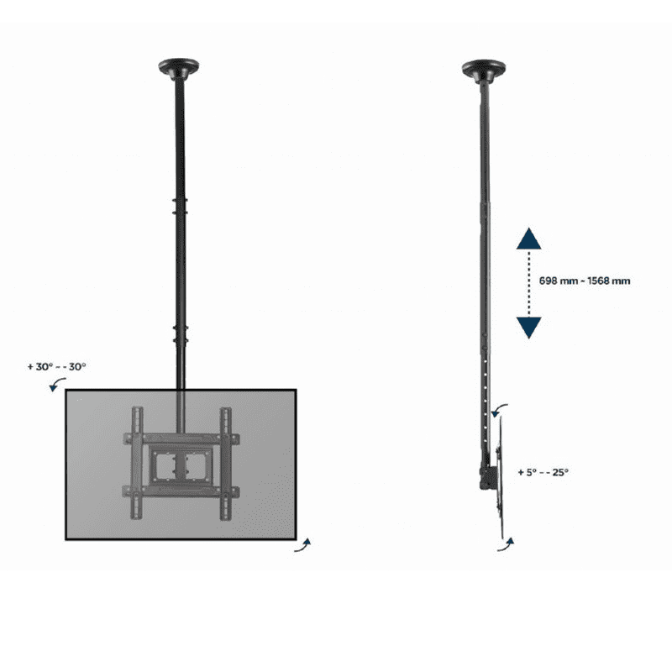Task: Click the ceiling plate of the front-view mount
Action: [x=178, y=68]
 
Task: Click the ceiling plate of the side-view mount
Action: [x=484, y=70]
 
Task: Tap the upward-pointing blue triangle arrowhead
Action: [x=529, y=239]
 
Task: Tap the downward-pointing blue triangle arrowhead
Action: [x=529, y=328]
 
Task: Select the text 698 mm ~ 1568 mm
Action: [x=585, y=281]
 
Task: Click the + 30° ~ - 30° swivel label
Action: [x=57, y=367]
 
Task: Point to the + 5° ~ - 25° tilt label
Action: [x=543, y=472]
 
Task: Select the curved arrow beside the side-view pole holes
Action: [x=498, y=408]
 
